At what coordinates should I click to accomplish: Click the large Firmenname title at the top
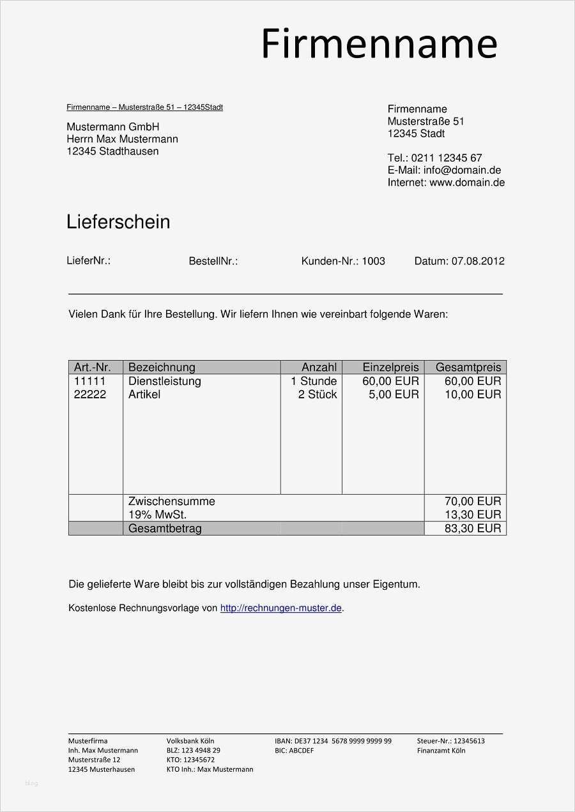[x=379, y=45]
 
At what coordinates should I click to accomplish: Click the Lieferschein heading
[x=118, y=222]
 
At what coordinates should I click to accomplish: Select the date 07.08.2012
[x=478, y=261]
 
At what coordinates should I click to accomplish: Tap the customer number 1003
[x=374, y=261]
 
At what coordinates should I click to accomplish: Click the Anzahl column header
[x=319, y=367]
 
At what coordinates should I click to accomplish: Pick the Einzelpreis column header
[x=390, y=367]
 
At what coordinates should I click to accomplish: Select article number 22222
[x=90, y=395]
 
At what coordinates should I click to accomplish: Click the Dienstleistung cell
[x=165, y=381]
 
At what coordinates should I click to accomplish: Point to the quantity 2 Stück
[x=318, y=395]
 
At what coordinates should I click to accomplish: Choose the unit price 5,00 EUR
[x=394, y=395]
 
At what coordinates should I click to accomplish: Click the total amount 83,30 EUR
[x=473, y=529]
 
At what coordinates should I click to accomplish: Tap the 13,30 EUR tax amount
[x=473, y=515]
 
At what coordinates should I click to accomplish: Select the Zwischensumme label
[x=172, y=501]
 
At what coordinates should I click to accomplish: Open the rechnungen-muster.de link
[x=280, y=608]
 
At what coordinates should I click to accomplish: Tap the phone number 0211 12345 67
[x=447, y=158]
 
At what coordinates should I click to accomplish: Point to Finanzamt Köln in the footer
[x=441, y=751]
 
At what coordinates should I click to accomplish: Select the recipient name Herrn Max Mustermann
[x=122, y=139]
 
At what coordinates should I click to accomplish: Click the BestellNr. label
[x=213, y=261]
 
